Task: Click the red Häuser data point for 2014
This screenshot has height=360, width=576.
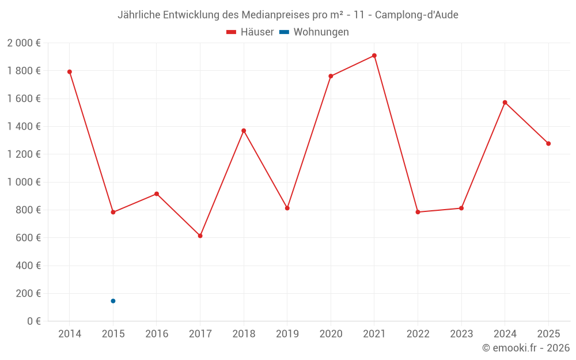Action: [x=70, y=72]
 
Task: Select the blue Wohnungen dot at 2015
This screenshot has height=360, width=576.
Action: [x=113, y=301]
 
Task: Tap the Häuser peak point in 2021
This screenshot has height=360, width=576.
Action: [x=374, y=56]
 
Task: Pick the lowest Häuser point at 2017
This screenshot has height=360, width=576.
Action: [x=200, y=236]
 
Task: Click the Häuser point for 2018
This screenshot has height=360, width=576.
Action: [x=244, y=131]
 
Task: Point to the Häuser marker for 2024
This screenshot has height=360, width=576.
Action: [x=505, y=103]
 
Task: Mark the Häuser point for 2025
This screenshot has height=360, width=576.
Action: [x=548, y=143]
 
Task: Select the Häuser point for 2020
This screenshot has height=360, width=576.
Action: [x=331, y=76]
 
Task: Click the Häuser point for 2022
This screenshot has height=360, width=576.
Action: [x=418, y=212]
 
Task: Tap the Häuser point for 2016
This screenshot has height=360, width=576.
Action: [x=157, y=194]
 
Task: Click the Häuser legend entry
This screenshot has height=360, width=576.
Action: [x=250, y=32]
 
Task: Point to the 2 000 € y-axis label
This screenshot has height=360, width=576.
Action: [x=24, y=43]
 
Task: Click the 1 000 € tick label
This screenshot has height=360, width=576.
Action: [x=24, y=182]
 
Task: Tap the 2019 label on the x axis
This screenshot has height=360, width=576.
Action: [x=287, y=334]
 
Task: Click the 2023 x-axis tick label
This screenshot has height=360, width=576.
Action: [x=461, y=334]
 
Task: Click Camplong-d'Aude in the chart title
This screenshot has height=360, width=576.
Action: [x=416, y=15]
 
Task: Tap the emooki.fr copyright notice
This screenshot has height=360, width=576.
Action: [x=525, y=348]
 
